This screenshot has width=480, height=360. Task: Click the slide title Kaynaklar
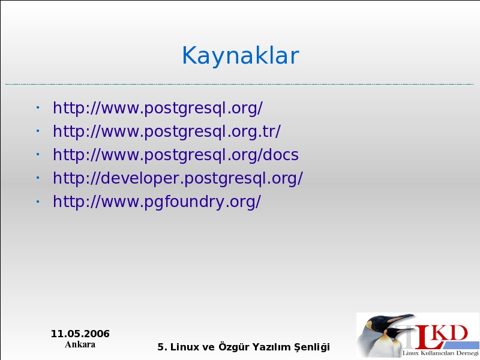click(x=241, y=55)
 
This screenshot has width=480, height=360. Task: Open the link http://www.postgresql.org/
click(x=158, y=108)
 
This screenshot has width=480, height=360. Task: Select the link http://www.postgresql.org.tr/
click(x=167, y=131)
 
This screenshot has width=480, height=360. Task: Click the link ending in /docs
click(x=176, y=155)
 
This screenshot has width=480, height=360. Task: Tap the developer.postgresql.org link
click(x=178, y=178)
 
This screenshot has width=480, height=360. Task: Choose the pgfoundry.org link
click(x=157, y=202)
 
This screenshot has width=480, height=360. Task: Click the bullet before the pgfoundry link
click(x=38, y=202)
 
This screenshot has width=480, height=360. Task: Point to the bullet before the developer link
click(x=38, y=178)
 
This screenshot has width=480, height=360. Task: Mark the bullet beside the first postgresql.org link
click(x=38, y=107)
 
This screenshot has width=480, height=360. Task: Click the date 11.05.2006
click(x=80, y=334)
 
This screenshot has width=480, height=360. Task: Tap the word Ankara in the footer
click(x=80, y=344)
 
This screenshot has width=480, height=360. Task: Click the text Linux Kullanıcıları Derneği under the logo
click(x=440, y=353)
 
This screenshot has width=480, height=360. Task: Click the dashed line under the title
click(x=239, y=84)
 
